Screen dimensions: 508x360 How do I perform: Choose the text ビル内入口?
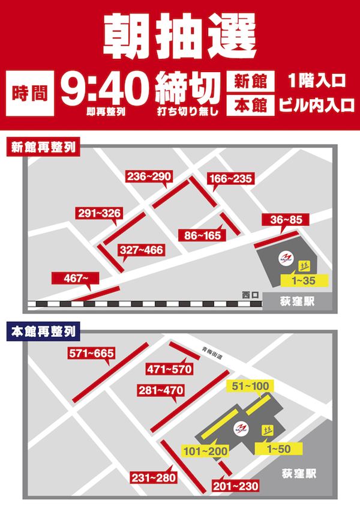(x=314, y=106)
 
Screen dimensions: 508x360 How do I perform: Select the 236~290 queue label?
(x=149, y=176)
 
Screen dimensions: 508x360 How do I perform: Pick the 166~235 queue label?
(x=230, y=178)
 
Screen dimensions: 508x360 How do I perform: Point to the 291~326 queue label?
(x=100, y=213)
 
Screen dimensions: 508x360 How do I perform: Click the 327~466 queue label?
(x=142, y=249)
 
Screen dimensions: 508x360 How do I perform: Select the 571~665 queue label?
(x=91, y=353)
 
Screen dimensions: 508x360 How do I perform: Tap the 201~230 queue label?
(x=235, y=485)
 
